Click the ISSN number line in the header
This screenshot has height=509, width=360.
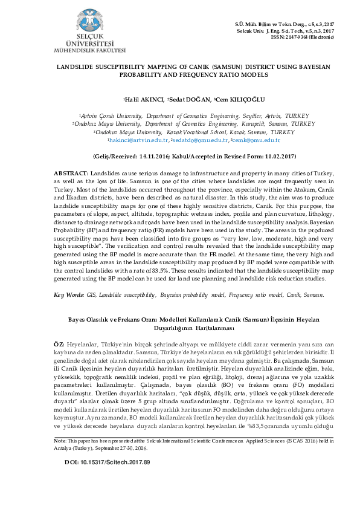(306, 37)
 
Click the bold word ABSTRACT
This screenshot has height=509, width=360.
(71, 173)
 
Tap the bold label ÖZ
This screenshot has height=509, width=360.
(59, 343)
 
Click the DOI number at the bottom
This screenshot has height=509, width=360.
(107, 479)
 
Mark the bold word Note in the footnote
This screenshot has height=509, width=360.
(60, 458)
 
